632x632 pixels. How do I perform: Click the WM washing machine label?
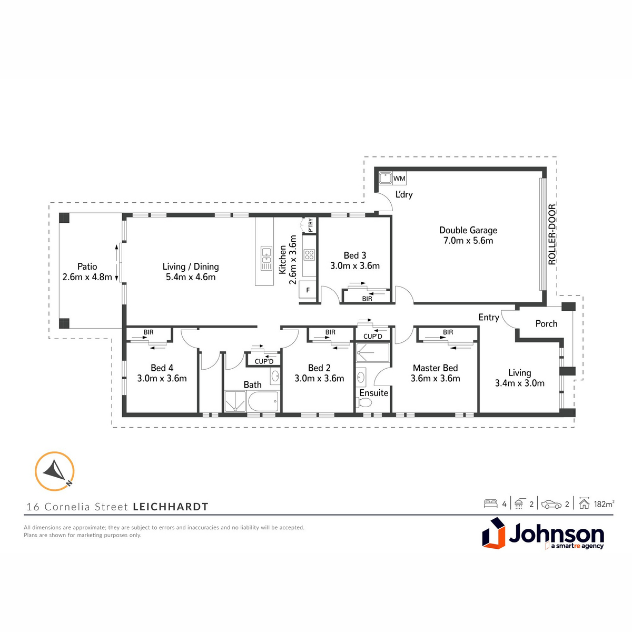(x=399, y=179)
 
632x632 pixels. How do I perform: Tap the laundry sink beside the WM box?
(x=385, y=179)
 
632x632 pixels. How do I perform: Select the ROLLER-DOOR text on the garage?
(x=552, y=234)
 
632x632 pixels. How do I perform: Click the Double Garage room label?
(x=468, y=230)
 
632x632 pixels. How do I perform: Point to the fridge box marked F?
(x=308, y=290)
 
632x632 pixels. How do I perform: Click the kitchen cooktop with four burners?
(x=309, y=255)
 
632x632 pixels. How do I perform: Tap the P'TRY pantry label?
(x=311, y=225)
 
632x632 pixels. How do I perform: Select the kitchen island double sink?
(x=266, y=258)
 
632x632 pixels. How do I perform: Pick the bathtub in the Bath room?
(x=263, y=401)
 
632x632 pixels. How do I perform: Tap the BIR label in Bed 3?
(x=367, y=299)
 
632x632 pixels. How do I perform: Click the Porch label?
(x=546, y=324)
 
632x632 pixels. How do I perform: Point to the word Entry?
(x=489, y=318)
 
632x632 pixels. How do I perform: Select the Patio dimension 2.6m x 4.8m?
(x=87, y=277)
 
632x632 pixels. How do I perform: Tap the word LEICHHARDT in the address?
(x=171, y=507)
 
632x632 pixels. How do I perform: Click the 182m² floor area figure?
(x=604, y=504)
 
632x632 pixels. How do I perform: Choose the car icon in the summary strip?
(x=551, y=504)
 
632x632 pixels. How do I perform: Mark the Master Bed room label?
(x=435, y=368)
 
